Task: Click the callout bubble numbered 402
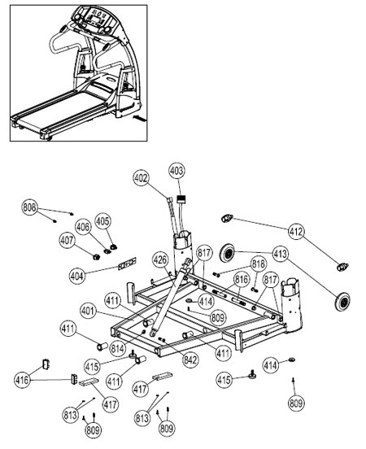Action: (142, 178)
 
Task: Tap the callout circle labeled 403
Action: (176, 171)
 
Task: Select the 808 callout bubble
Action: (30, 207)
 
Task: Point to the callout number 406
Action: (83, 227)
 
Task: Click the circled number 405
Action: (102, 221)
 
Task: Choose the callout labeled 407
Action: (68, 240)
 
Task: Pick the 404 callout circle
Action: (77, 276)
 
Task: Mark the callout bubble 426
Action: (160, 259)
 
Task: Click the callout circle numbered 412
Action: (296, 231)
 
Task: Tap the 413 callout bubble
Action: (280, 254)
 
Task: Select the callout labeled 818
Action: (259, 264)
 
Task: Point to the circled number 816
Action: (242, 279)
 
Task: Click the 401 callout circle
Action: (88, 311)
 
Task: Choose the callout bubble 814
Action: (118, 348)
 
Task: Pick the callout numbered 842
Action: (191, 360)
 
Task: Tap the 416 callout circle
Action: (22, 380)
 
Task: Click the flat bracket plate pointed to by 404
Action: (127, 264)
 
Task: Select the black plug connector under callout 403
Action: (181, 198)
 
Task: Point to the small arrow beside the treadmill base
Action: (140, 118)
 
